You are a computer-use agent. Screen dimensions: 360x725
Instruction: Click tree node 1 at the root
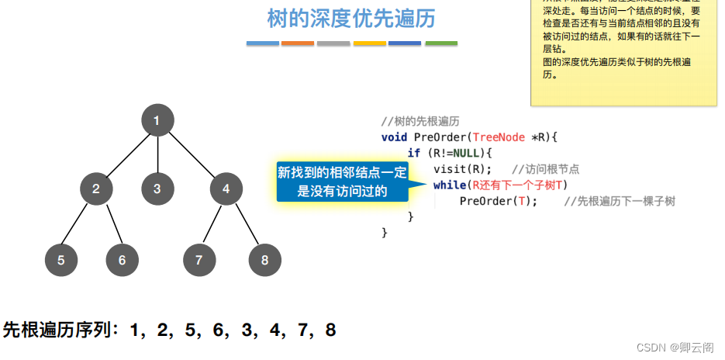click(157, 120)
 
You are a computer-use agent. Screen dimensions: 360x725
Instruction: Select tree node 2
click(96, 189)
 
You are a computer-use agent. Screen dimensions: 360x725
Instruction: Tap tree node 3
click(157, 189)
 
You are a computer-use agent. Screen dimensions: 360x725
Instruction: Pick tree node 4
click(226, 189)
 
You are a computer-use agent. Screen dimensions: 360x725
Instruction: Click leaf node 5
click(61, 260)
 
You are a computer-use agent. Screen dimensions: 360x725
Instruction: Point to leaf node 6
click(122, 260)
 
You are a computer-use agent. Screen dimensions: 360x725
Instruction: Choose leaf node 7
click(199, 260)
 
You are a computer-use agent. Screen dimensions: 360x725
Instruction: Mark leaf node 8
click(265, 260)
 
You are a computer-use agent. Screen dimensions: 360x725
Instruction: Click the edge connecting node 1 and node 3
click(157, 154)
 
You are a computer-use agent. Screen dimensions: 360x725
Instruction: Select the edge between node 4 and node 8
click(246, 224)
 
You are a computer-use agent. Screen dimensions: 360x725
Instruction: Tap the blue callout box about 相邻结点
click(342, 182)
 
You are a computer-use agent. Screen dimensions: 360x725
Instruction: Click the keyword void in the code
click(395, 137)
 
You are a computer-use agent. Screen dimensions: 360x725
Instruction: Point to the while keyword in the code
click(449, 185)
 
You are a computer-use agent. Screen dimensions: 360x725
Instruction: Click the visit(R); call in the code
click(462, 169)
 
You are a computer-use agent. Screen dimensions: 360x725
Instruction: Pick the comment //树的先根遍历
click(421, 121)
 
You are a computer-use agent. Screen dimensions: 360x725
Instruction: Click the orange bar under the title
click(298, 43)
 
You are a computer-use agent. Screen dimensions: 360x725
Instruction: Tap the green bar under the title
click(441, 43)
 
